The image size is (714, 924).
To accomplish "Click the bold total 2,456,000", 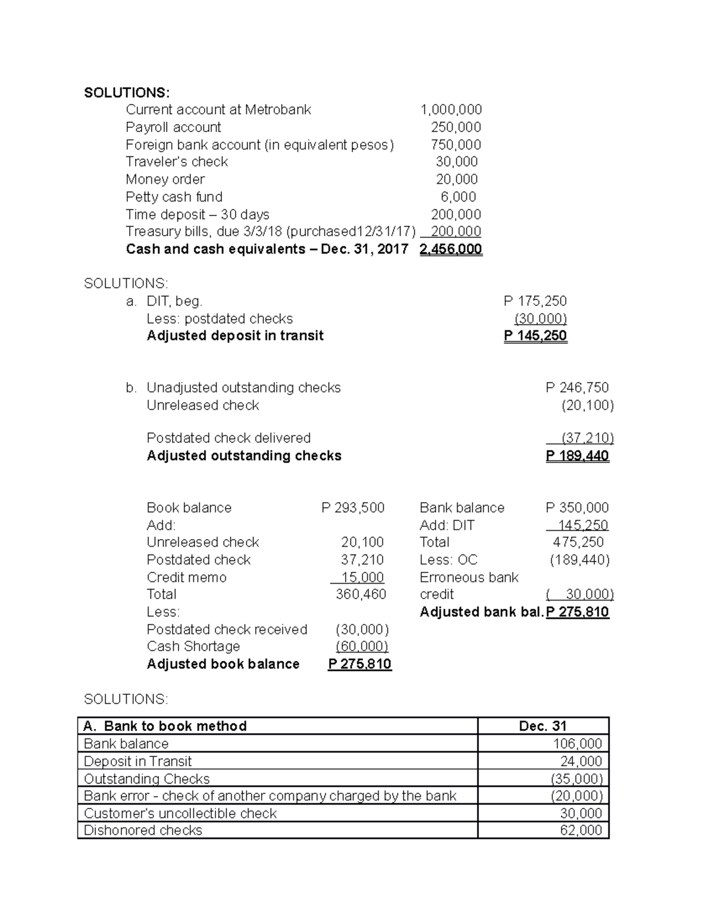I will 450,249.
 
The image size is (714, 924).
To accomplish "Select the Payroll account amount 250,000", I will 456,127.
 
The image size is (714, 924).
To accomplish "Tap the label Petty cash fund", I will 174,197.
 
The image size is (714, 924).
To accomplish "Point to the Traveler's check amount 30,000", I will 456,162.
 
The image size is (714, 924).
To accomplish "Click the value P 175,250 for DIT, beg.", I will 535,301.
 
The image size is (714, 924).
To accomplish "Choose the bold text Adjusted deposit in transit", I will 235,336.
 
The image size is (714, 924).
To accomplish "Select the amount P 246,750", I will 577,388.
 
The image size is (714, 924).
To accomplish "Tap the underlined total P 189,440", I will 577,456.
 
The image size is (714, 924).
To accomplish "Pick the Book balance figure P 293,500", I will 353,508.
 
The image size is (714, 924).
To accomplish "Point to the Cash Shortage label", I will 193,647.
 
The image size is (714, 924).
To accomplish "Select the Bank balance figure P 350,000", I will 577,508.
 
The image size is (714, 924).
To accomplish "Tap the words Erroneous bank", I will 469,578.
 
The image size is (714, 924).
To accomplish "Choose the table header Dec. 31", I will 543,726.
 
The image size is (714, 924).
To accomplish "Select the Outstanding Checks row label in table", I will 147,779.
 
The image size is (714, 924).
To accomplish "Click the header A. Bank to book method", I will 165,726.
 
